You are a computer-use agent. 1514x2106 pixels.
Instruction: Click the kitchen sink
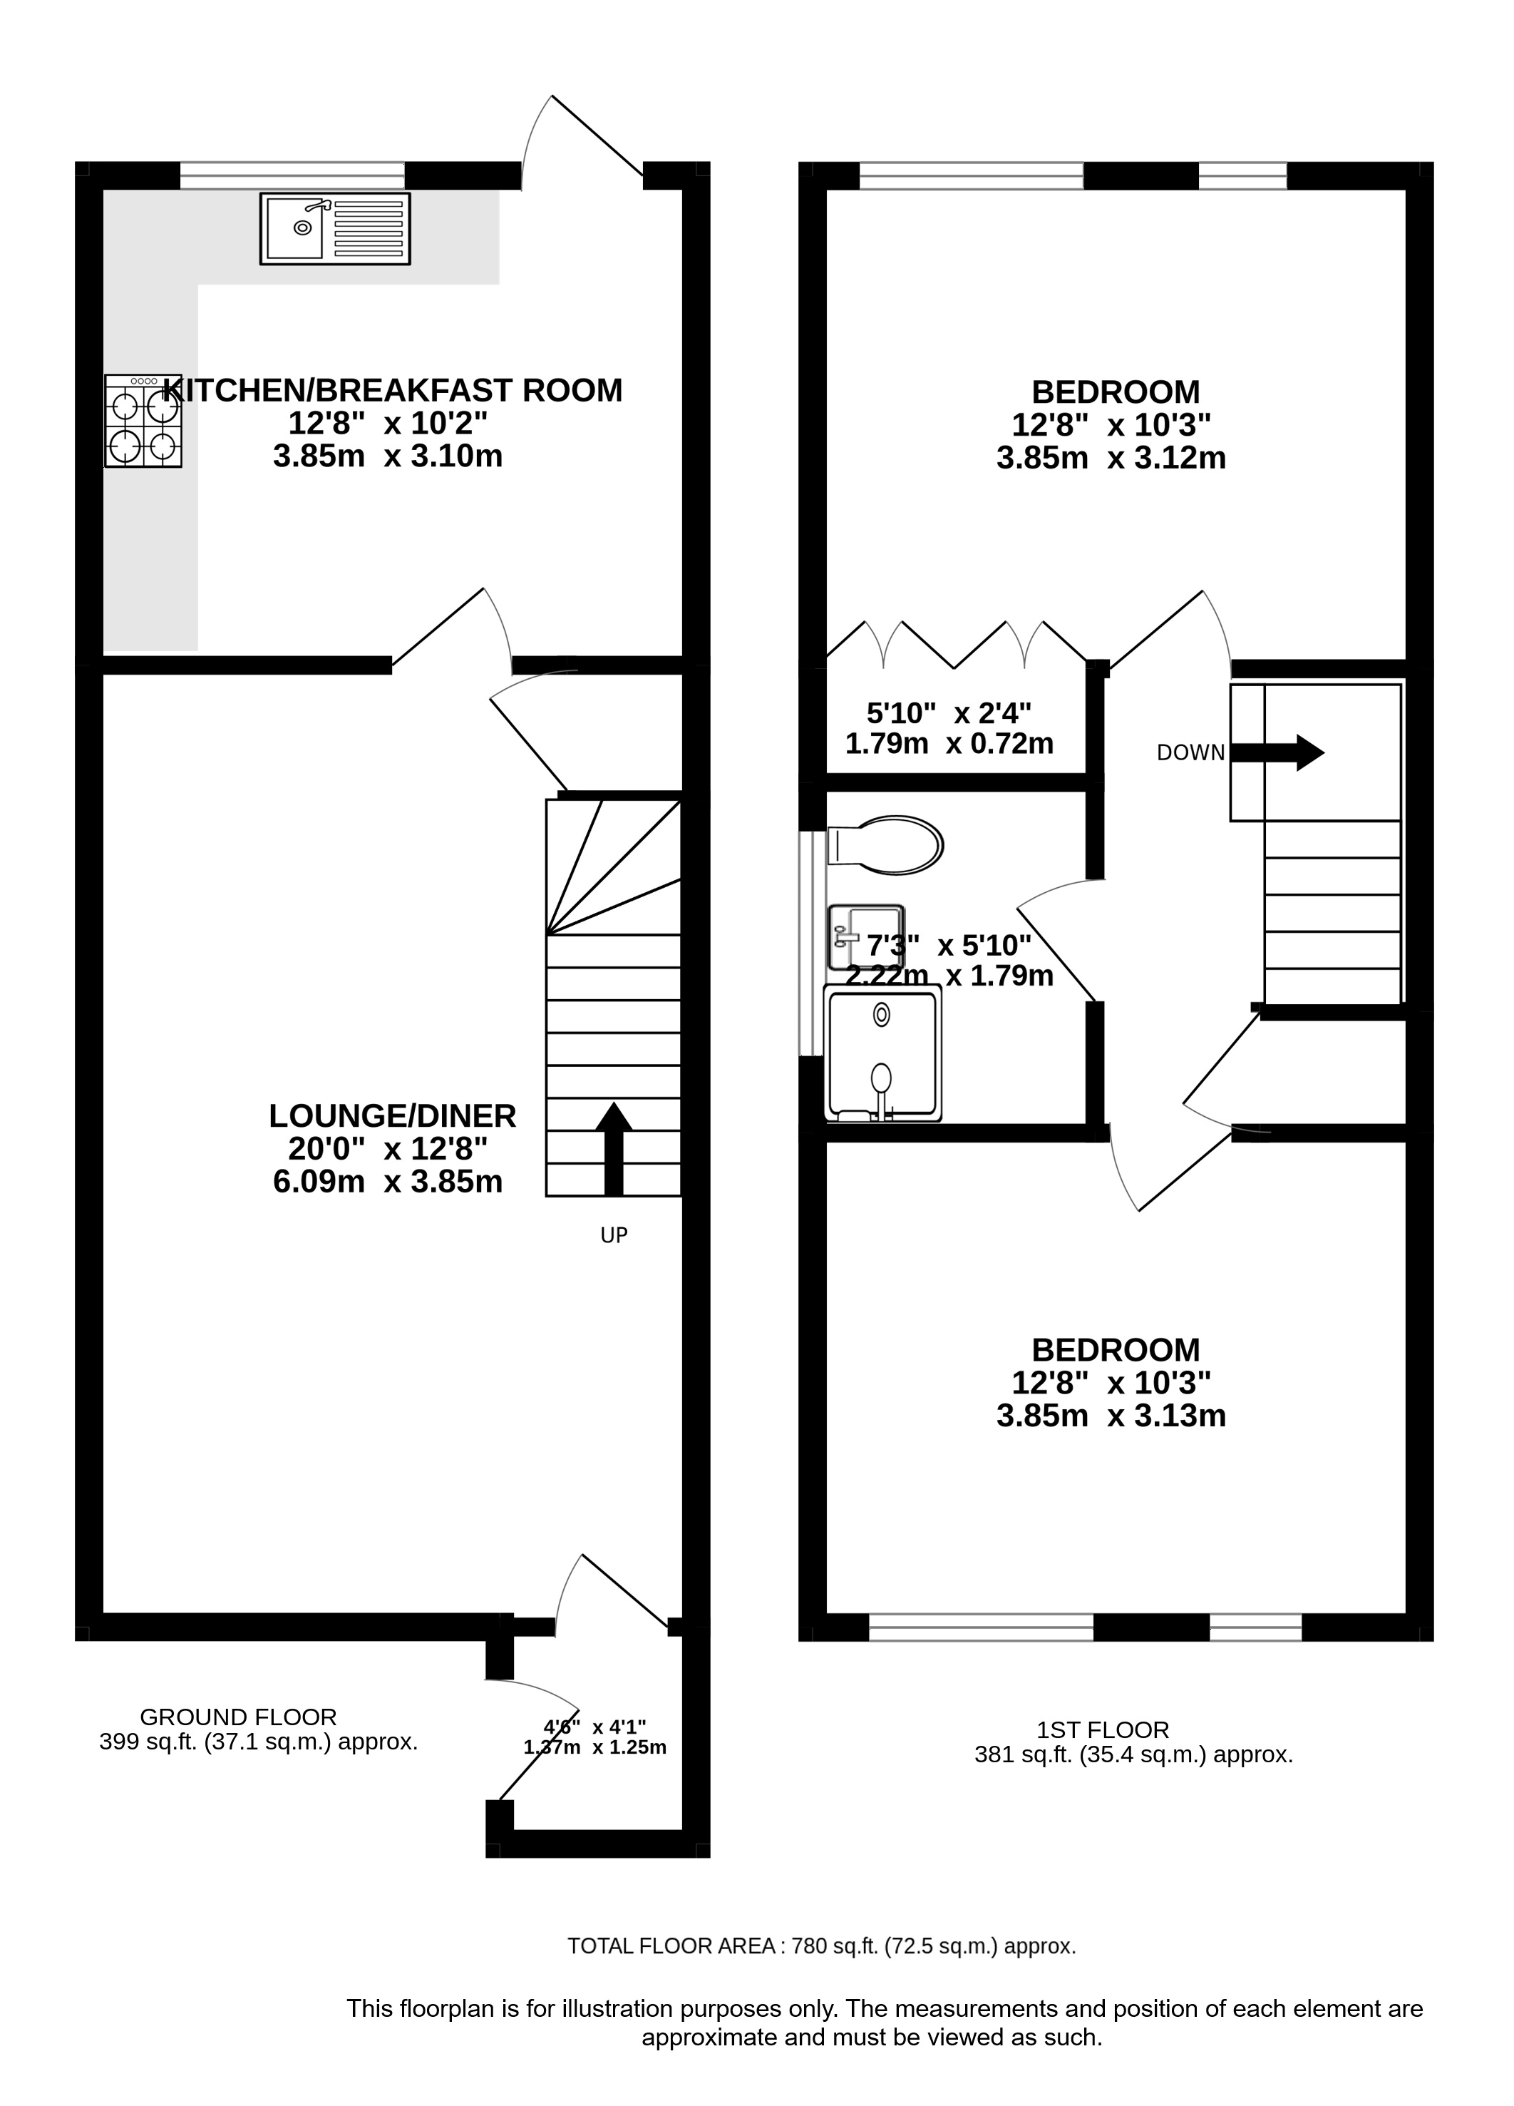pyautogui.click(x=334, y=228)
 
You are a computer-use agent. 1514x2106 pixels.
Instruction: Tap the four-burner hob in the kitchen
pyautogui.click(x=143, y=421)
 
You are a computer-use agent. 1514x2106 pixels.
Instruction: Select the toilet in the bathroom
pyautogui.click(x=885, y=845)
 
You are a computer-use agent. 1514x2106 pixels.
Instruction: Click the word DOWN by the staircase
pyautogui.click(x=1190, y=753)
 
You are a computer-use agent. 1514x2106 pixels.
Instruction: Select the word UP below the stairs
pyautogui.click(x=614, y=1235)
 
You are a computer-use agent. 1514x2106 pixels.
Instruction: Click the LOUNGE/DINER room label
pyautogui.click(x=393, y=1115)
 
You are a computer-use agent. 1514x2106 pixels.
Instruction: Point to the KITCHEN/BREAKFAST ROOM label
pyautogui.click(x=393, y=390)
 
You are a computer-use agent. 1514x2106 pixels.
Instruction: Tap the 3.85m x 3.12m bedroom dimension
pyautogui.click(x=1111, y=458)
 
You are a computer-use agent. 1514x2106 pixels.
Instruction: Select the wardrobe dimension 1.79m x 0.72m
pyautogui.click(x=949, y=744)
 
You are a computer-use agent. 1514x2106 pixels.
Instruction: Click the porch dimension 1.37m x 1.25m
pyautogui.click(x=595, y=1747)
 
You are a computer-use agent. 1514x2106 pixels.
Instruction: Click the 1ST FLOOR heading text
pyautogui.click(x=1103, y=1730)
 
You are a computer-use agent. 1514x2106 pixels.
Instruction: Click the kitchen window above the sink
pyautogui.click(x=292, y=175)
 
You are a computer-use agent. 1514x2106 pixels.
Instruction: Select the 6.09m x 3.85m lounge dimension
pyautogui.click(x=388, y=1181)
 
